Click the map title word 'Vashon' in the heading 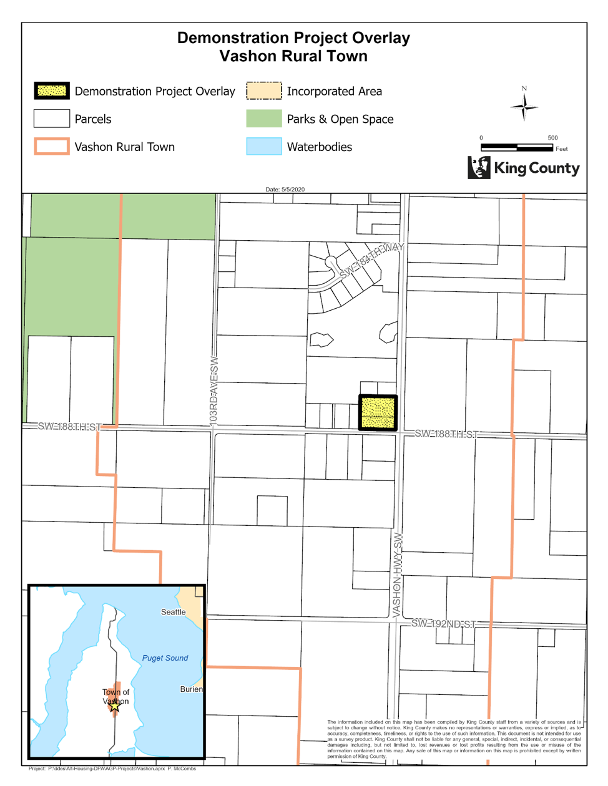(x=248, y=56)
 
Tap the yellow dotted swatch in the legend (x=51, y=91)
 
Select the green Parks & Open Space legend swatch (x=263, y=119)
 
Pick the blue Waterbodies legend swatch (x=263, y=147)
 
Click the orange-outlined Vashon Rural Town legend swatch (x=51, y=147)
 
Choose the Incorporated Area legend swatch (x=263, y=91)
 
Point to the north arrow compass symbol (x=524, y=107)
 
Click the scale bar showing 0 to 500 (x=516, y=147)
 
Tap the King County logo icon (x=479, y=167)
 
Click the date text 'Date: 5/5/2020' (x=285, y=189)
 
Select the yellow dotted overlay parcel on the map (x=378, y=412)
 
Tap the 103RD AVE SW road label (x=214, y=392)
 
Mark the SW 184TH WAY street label (x=371, y=260)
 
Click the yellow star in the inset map (x=115, y=706)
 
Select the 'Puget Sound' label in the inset (x=165, y=658)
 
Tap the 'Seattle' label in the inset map (x=173, y=612)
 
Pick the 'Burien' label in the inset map (x=191, y=689)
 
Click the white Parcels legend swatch (x=51, y=119)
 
